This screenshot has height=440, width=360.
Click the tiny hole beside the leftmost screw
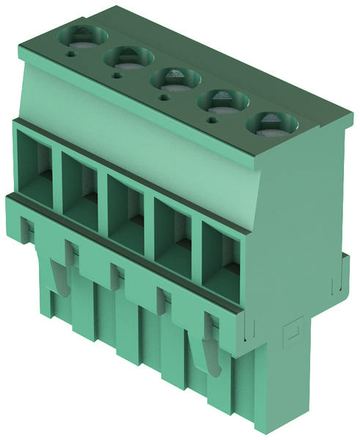(x=71, y=53)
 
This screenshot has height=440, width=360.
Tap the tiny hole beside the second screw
(x=117, y=74)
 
